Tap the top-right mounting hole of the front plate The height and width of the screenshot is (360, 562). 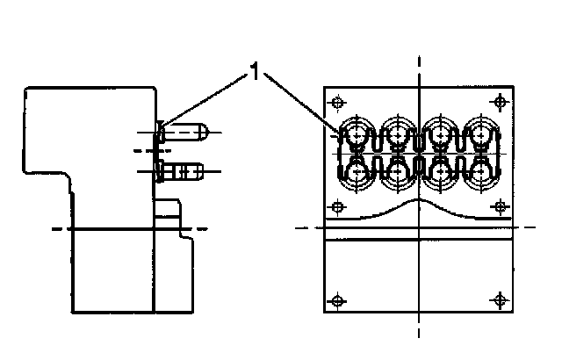click(x=501, y=101)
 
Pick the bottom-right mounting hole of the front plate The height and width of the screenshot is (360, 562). click(x=501, y=301)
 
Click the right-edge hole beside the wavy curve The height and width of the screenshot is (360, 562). click(x=501, y=206)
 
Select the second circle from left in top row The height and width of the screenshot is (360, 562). click(x=399, y=134)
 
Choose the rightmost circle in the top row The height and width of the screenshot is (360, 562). click(x=480, y=134)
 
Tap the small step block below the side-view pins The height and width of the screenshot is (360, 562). click(x=169, y=211)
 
